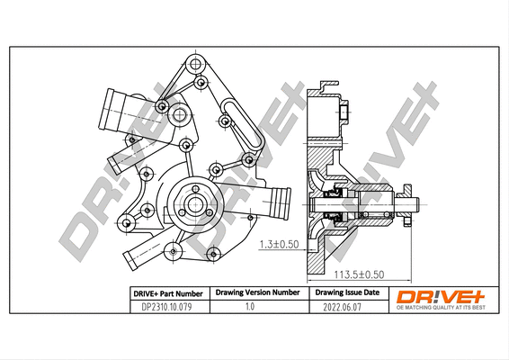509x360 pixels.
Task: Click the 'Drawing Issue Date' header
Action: [346, 292]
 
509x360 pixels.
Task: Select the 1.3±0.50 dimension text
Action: [279, 244]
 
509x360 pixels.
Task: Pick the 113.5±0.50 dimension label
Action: [361, 274]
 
